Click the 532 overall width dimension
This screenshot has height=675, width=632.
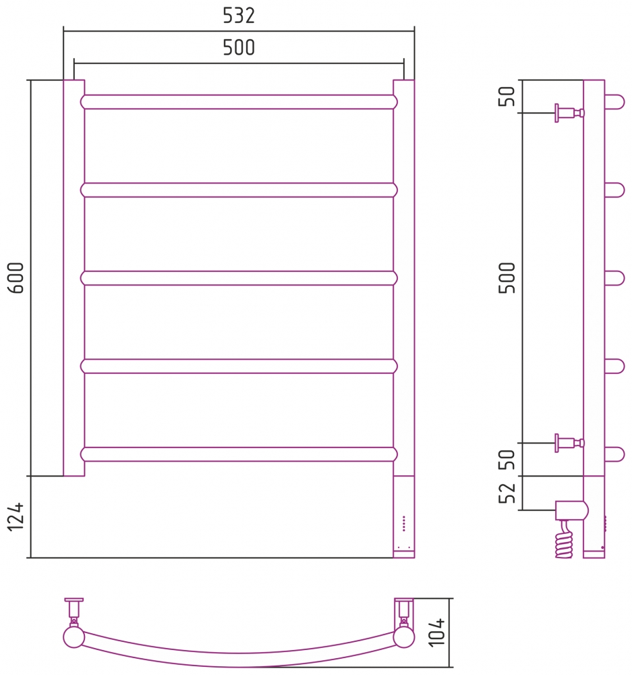(239, 16)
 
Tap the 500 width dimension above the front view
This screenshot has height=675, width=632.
(239, 47)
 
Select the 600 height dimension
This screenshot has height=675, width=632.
(16, 277)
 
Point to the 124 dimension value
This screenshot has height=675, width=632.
(16, 516)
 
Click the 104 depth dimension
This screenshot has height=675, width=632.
(436, 632)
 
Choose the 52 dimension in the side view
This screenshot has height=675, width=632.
(507, 493)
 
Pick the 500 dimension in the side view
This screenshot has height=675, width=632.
(507, 277)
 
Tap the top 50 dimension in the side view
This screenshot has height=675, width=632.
(507, 96)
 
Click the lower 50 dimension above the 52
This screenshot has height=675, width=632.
(507, 459)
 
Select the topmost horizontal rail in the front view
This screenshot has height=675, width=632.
(239, 102)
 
